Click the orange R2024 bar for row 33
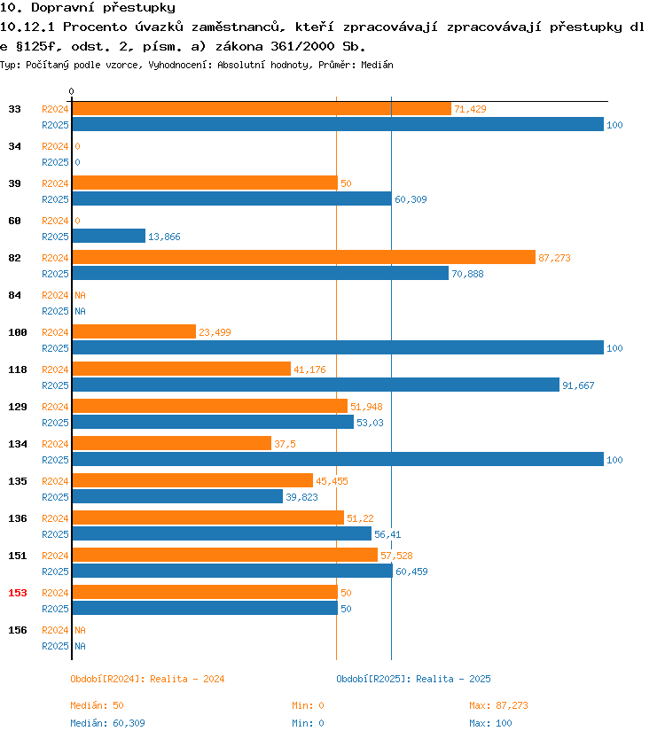click(262, 109)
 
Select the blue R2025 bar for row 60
click(109, 236)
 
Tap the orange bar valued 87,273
click(304, 257)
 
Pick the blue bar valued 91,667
click(316, 385)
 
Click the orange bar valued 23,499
click(134, 331)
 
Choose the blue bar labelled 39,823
click(178, 497)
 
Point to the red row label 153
click(18, 593)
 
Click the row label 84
click(14, 295)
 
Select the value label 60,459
click(411, 572)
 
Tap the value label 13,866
click(164, 237)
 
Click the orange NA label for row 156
click(80, 630)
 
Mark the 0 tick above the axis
click(71, 91)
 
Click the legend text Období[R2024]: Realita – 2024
click(147, 679)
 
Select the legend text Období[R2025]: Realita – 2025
click(413, 679)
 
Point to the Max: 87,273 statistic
click(498, 705)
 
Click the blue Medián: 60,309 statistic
click(107, 723)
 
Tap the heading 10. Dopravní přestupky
click(88, 8)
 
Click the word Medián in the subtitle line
click(377, 65)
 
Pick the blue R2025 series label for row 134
click(55, 460)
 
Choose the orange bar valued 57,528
click(225, 555)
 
